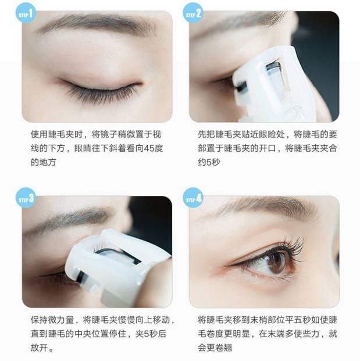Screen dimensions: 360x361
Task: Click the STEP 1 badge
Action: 26,13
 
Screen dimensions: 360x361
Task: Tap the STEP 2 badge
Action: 193,13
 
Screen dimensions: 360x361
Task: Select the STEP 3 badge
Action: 26,198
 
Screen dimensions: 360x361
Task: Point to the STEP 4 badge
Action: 193,198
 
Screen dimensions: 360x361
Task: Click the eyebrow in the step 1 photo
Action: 97,27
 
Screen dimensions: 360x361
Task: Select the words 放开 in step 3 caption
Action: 39,348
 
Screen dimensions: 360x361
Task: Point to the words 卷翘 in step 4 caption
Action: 224,348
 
